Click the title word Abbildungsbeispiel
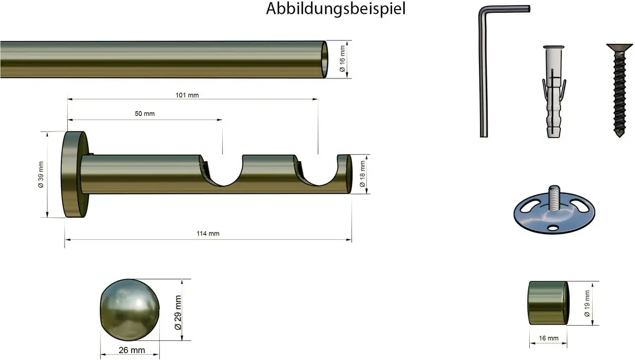pyautogui.click(x=335, y=9)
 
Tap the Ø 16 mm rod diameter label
pyautogui.click(x=342, y=59)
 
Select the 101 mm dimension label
pyautogui.click(x=187, y=95)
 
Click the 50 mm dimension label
pyautogui.click(x=144, y=114)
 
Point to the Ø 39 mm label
pyautogui.click(x=41, y=175)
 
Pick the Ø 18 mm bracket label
pyautogui.click(x=362, y=174)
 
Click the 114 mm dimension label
pyautogui.click(x=208, y=233)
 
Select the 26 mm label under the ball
pyautogui.click(x=132, y=350)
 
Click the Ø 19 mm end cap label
pyautogui.click(x=587, y=303)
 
